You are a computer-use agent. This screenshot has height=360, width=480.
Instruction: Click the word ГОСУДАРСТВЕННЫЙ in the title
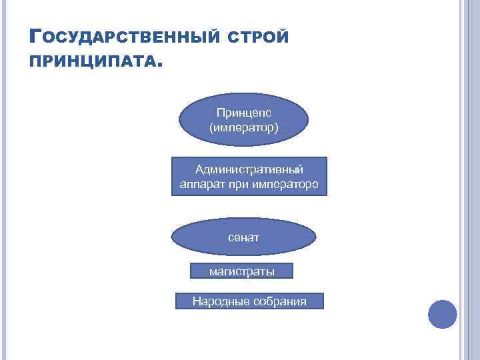[123, 36]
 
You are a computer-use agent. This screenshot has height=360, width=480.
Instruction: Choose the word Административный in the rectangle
[249, 169]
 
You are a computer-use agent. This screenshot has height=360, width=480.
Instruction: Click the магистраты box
[241, 271]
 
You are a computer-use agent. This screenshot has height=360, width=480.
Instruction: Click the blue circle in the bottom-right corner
[442, 314]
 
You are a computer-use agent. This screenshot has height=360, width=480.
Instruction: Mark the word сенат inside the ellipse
[243, 237]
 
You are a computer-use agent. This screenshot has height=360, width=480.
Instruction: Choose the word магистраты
[241, 271]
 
